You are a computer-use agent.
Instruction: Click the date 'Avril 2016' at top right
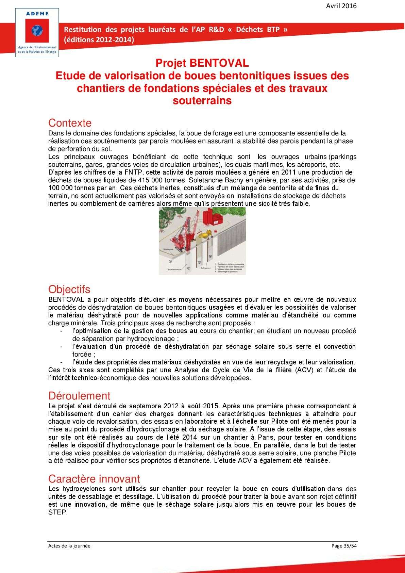click(341, 6)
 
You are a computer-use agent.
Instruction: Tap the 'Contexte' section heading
click(70, 123)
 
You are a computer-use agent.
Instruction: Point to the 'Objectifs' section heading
click(69, 289)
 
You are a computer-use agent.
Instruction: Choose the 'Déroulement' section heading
click(79, 396)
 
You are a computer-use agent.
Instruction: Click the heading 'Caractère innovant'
click(94, 479)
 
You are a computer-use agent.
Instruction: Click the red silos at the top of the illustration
click(211, 217)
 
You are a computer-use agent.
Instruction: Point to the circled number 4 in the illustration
click(210, 256)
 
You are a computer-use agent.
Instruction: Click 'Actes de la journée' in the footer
click(69, 546)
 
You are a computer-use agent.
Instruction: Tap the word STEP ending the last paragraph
click(58, 512)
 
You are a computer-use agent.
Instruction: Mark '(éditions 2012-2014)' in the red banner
click(99, 39)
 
